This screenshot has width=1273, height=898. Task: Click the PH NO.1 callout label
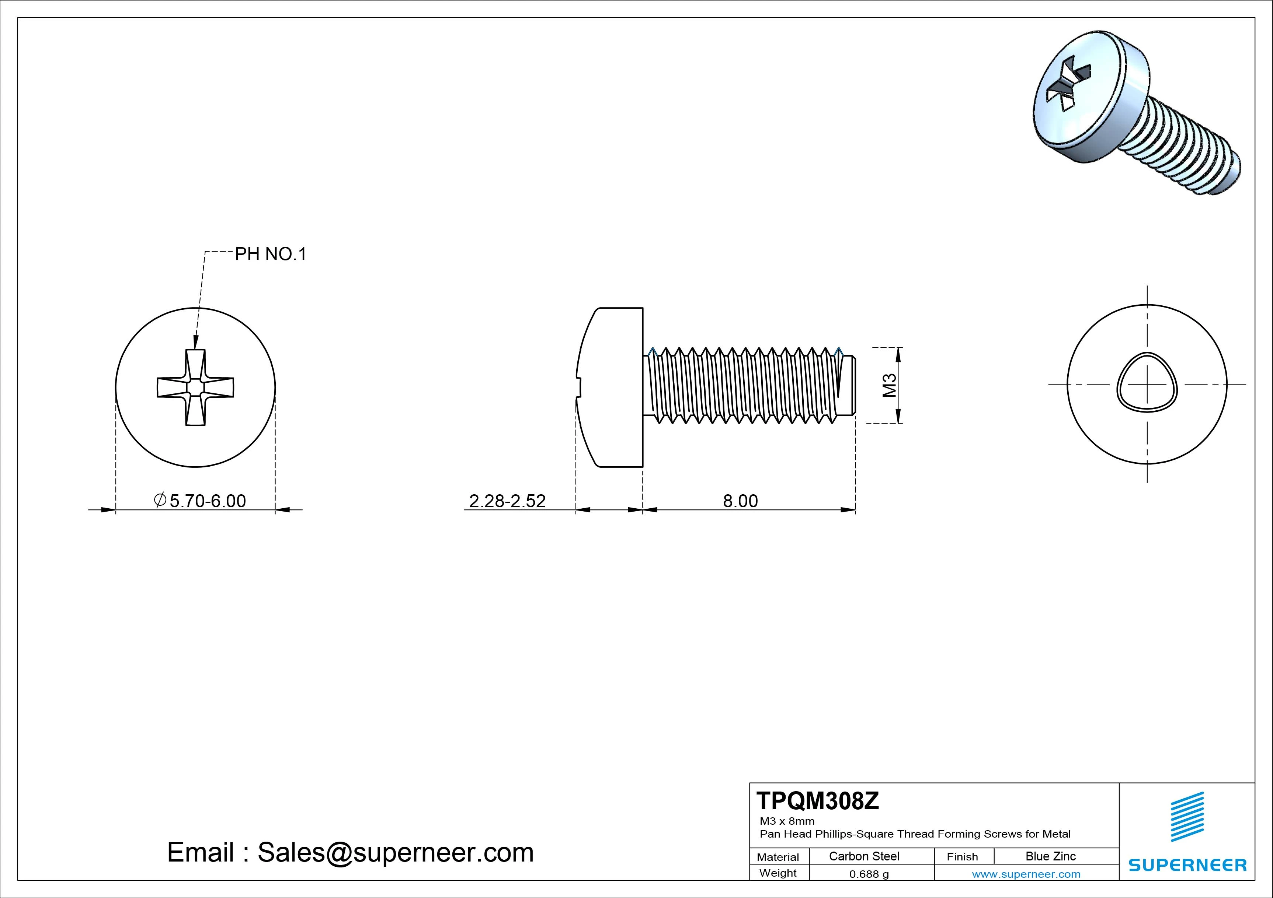[271, 254]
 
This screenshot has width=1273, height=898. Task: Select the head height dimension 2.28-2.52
[507, 501]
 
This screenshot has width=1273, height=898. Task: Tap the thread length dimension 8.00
[740, 501]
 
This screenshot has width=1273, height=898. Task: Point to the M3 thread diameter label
[889, 386]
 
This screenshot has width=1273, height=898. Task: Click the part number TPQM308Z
[817, 801]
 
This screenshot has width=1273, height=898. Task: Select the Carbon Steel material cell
[864, 856]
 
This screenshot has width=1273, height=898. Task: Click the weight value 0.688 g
[869, 874]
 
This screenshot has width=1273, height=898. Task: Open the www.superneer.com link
[1026, 874]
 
